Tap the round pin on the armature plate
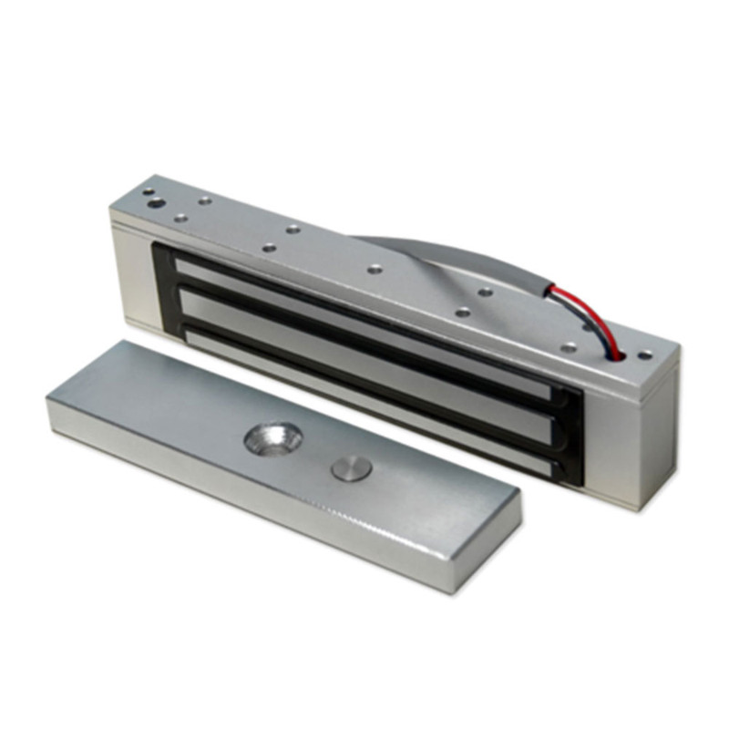pyautogui.click(x=351, y=469)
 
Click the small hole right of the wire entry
pyautogui.click(x=645, y=354)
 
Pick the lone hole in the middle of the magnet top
pyautogui.click(x=375, y=268)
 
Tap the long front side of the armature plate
pyautogui.click(x=273, y=501)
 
